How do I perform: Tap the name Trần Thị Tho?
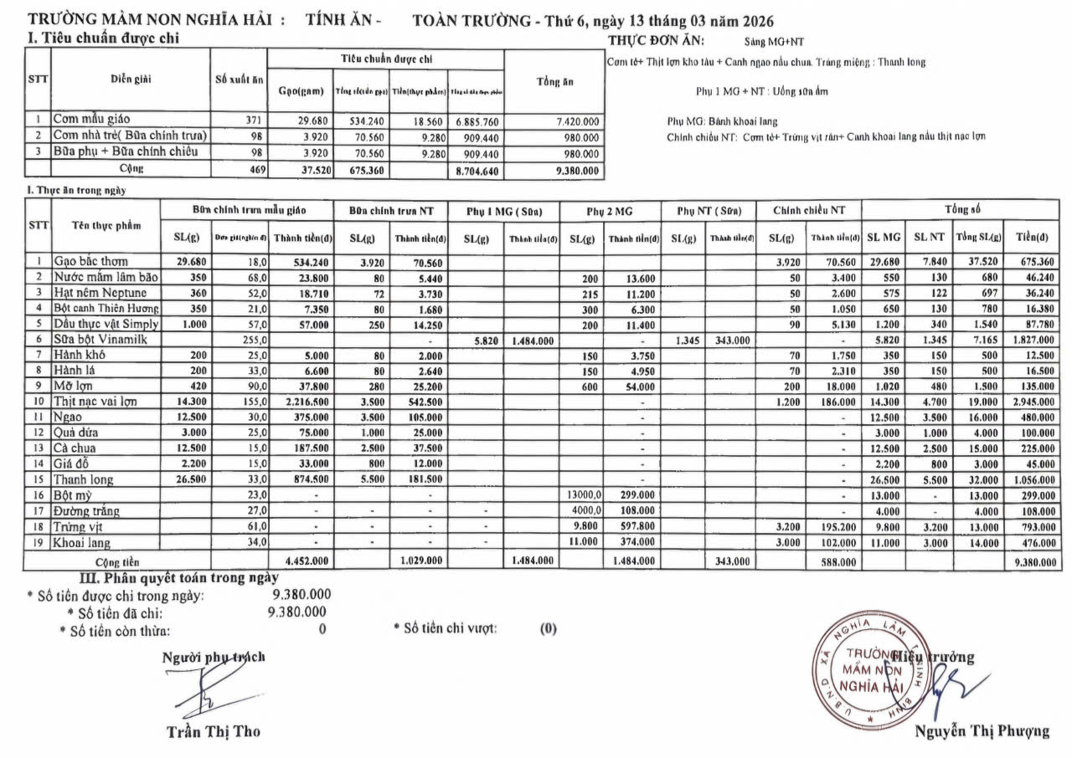[213, 731]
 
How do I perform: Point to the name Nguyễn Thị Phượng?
[982, 730]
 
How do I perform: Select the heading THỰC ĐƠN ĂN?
[656, 40]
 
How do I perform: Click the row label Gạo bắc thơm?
[92, 261]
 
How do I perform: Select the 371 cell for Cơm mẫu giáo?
[253, 120]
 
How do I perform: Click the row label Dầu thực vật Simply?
[106, 324]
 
